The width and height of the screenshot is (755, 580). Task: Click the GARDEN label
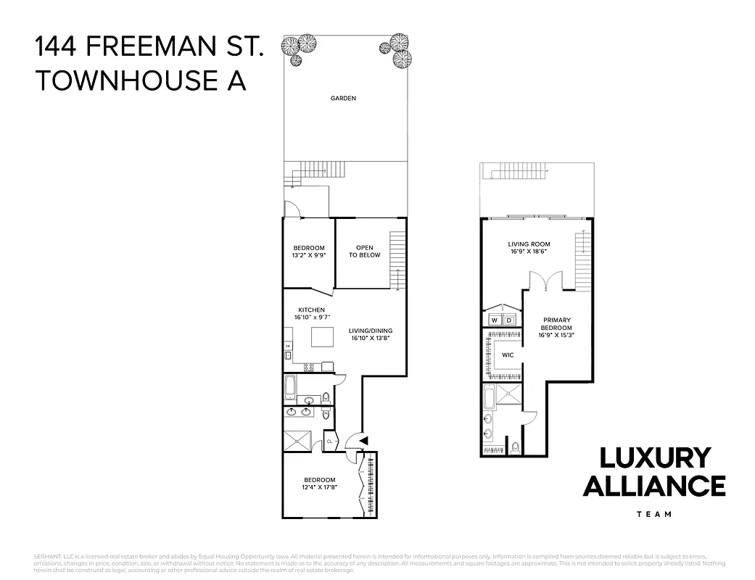point(343,98)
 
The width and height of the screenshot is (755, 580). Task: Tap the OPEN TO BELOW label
point(364,252)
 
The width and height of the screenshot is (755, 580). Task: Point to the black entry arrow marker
point(363,439)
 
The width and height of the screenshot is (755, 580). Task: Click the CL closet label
point(329,441)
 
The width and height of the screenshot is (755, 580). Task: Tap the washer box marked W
point(495,320)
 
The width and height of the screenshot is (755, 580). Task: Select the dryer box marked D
point(509,320)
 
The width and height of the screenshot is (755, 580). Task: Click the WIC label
point(508,355)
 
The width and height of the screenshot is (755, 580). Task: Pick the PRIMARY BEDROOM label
point(557,323)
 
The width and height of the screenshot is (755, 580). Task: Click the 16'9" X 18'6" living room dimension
point(529,252)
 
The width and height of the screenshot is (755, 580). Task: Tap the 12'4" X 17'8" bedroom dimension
point(319,487)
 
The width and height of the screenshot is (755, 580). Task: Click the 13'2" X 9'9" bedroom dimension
point(308,255)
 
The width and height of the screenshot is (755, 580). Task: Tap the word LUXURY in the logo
point(654,458)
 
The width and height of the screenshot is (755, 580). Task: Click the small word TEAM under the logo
point(653,514)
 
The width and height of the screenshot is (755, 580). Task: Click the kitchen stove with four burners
point(309,367)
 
